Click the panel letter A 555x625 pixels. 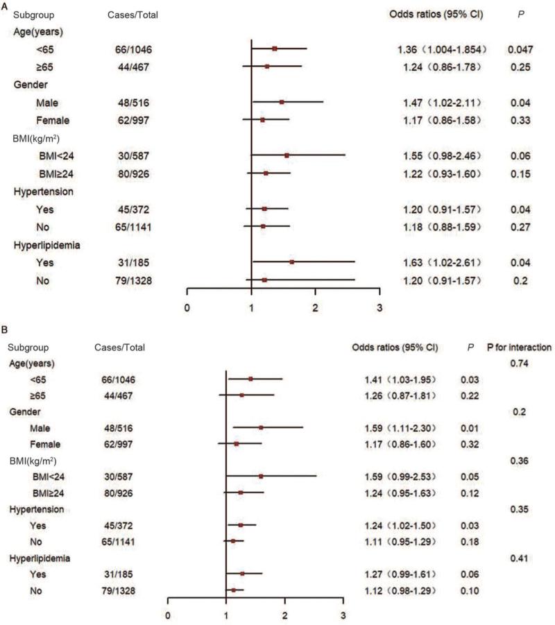6,5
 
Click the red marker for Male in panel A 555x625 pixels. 282,102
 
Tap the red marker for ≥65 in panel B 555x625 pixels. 241,395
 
